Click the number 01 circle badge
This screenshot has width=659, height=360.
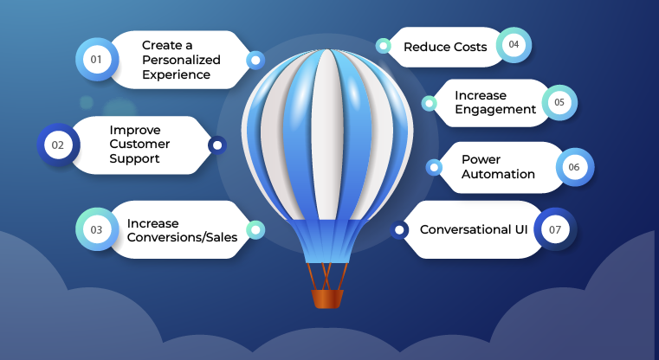[x=96, y=60]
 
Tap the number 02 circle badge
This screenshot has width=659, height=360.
[x=58, y=145]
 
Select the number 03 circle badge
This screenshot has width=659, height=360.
[x=96, y=229]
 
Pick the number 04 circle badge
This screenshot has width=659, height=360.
[x=514, y=45]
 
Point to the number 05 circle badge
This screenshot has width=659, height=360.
[x=559, y=102]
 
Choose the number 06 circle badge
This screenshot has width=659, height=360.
[x=574, y=166]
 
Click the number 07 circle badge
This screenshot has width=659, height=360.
[x=554, y=229]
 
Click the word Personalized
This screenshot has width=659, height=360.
[x=181, y=60]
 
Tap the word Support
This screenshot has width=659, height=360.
[x=139, y=159]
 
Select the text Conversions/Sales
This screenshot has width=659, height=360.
[x=182, y=237]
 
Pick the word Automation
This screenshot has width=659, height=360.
[x=498, y=173]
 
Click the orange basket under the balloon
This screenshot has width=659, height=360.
[x=327, y=299]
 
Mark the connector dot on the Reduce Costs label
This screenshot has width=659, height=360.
[x=382, y=45]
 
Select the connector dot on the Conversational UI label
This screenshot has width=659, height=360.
[x=399, y=230]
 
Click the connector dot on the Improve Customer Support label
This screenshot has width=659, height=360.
[x=217, y=145]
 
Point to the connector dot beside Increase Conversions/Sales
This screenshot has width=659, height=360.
[x=255, y=229]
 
